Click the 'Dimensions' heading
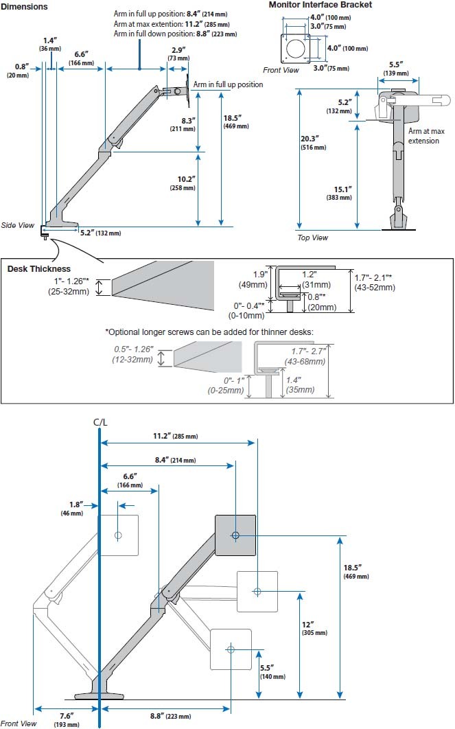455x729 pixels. point(24,6)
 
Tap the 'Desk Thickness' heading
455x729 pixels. point(39,268)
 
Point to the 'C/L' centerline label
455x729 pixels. point(100,424)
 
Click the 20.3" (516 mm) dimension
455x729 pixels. point(309,142)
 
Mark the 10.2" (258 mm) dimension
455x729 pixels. point(185,183)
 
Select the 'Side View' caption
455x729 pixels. point(18,224)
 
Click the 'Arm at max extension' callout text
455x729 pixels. point(423,135)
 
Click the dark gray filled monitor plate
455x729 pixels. point(235,535)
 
